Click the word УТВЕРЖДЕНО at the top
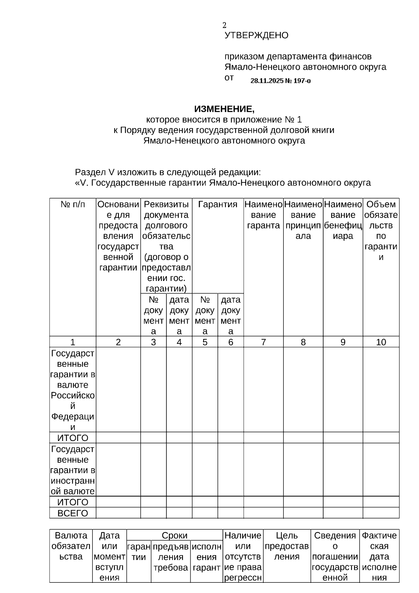256,35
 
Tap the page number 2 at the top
225,25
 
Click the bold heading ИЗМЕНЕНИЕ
224,109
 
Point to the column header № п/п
73,204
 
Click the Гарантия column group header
218,204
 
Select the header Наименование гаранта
263,215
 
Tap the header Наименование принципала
303,220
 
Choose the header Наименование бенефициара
343,220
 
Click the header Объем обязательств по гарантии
381,231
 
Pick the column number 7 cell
263,342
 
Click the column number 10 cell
381,342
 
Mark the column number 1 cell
73,342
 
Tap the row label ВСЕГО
73,513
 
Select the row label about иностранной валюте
73,470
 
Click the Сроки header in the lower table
175,535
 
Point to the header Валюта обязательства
71,546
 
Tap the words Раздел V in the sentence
95,172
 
